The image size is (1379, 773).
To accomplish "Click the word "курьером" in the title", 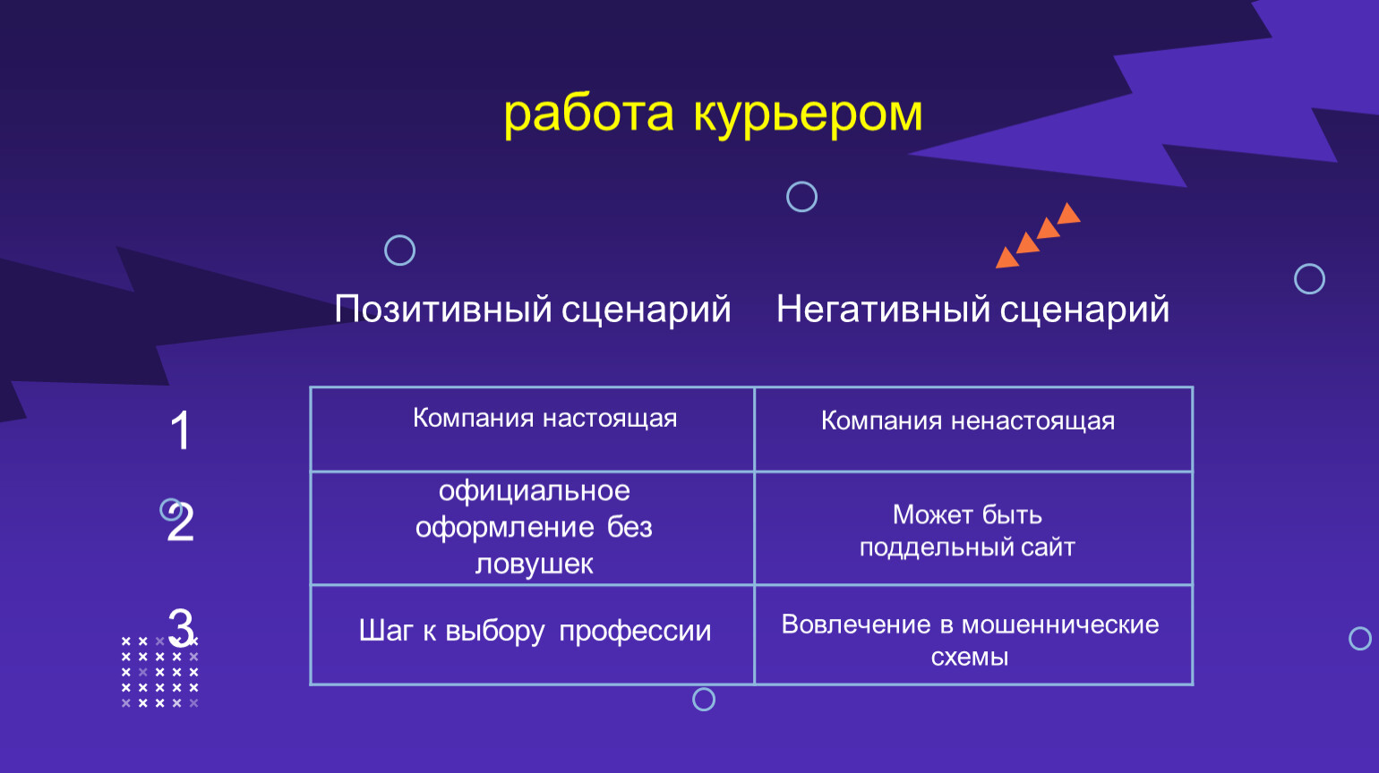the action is pyautogui.click(x=808, y=115).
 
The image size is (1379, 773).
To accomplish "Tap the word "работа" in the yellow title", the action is pyautogui.click(x=588, y=115).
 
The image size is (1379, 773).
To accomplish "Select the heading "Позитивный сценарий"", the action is pyautogui.click(x=533, y=309).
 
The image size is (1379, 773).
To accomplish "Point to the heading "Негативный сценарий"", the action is pyautogui.click(x=972, y=309).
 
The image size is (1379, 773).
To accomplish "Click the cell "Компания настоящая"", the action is pyautogui.click(x=533, y=429).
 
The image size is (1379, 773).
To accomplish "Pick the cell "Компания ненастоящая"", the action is pyautogui.click(x=973, y=429).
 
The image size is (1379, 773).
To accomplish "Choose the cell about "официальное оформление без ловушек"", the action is pyautogui.click(x=533, y=528).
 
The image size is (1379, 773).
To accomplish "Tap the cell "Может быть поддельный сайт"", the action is pyautogui.click(x=973, y=528).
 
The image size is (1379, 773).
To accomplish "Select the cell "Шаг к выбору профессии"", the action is pyautogui.click(x=533, y=634).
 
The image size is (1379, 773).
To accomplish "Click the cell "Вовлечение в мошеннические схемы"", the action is pyautogui.click(x=973, y=634).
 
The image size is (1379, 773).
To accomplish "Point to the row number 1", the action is pyautogui.click(x=180, y=430).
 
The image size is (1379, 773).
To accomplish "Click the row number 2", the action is pyautogui.click(x=180, y=522).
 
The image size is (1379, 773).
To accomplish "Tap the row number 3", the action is pyautogui.click(x=182, y=628).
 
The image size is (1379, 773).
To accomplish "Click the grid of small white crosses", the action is pyautogui.click(x=159, y=672).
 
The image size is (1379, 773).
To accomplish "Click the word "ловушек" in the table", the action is pyautogui.click(x=534, y=564).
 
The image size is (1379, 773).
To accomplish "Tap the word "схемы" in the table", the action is pyautogui.click(x=969, y=658).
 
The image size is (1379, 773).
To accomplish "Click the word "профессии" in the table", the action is pyautogui.click(x=635, y=632).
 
